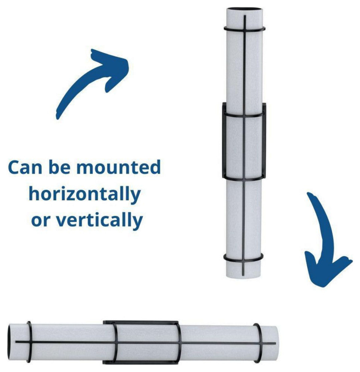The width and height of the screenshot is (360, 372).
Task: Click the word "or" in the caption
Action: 41,221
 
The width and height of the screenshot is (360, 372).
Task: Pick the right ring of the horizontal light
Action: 258,343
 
